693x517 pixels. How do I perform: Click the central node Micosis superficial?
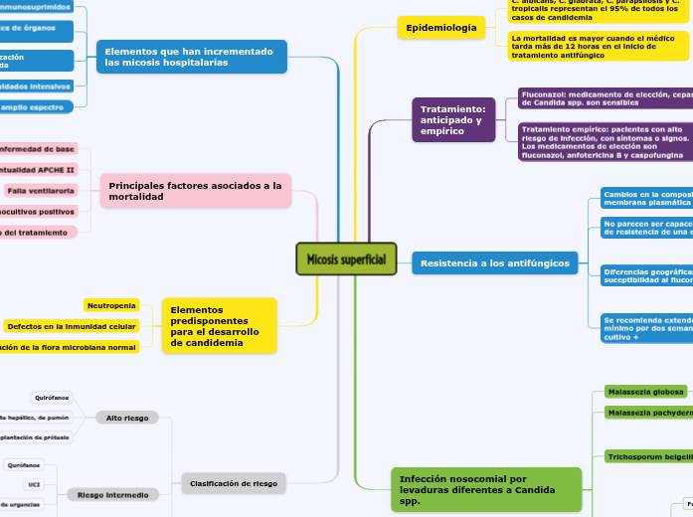pos(346,259)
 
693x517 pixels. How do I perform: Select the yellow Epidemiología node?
pos(436,28)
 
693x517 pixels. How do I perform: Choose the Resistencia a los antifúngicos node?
pos(494,263)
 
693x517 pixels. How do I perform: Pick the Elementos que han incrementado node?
pos(192,56)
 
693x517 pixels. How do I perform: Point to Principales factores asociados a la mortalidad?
pos(195,191)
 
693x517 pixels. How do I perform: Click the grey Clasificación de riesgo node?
pos(235,483)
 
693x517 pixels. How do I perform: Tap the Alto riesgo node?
pos(127,418)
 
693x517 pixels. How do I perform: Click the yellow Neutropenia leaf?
pos(110,305)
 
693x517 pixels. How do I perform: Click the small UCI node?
pos(32,484)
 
